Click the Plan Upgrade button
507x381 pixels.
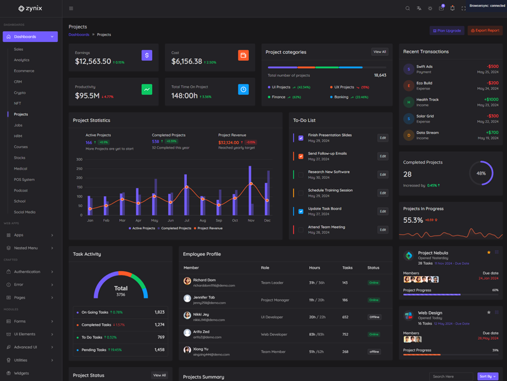(x=447, y=30)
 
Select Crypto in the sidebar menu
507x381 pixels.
(x=20, y=93)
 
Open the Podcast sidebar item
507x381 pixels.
(x=21, y=190)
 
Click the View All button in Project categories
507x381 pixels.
(x=380, y=52)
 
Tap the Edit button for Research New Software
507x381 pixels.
(x=383, y=175)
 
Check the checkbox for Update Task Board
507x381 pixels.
(x=301, y=211)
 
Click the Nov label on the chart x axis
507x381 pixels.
(x=251, y=220)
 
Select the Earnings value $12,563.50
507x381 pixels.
(x=93, y=62)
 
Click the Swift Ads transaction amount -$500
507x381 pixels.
(x=492, y=66)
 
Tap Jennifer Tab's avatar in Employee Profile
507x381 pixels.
(x=187, y=298)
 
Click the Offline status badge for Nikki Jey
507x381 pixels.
(x=375, y=317)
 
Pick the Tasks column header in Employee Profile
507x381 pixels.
(x=347, y=268)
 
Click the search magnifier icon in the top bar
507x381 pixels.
(x=408, y=8)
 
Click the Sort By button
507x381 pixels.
(x=487, y=377)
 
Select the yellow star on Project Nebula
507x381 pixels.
(x=489, y=253)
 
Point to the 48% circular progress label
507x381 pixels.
(x=481, y=173)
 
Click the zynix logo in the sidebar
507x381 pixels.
(x=30, y=8)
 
